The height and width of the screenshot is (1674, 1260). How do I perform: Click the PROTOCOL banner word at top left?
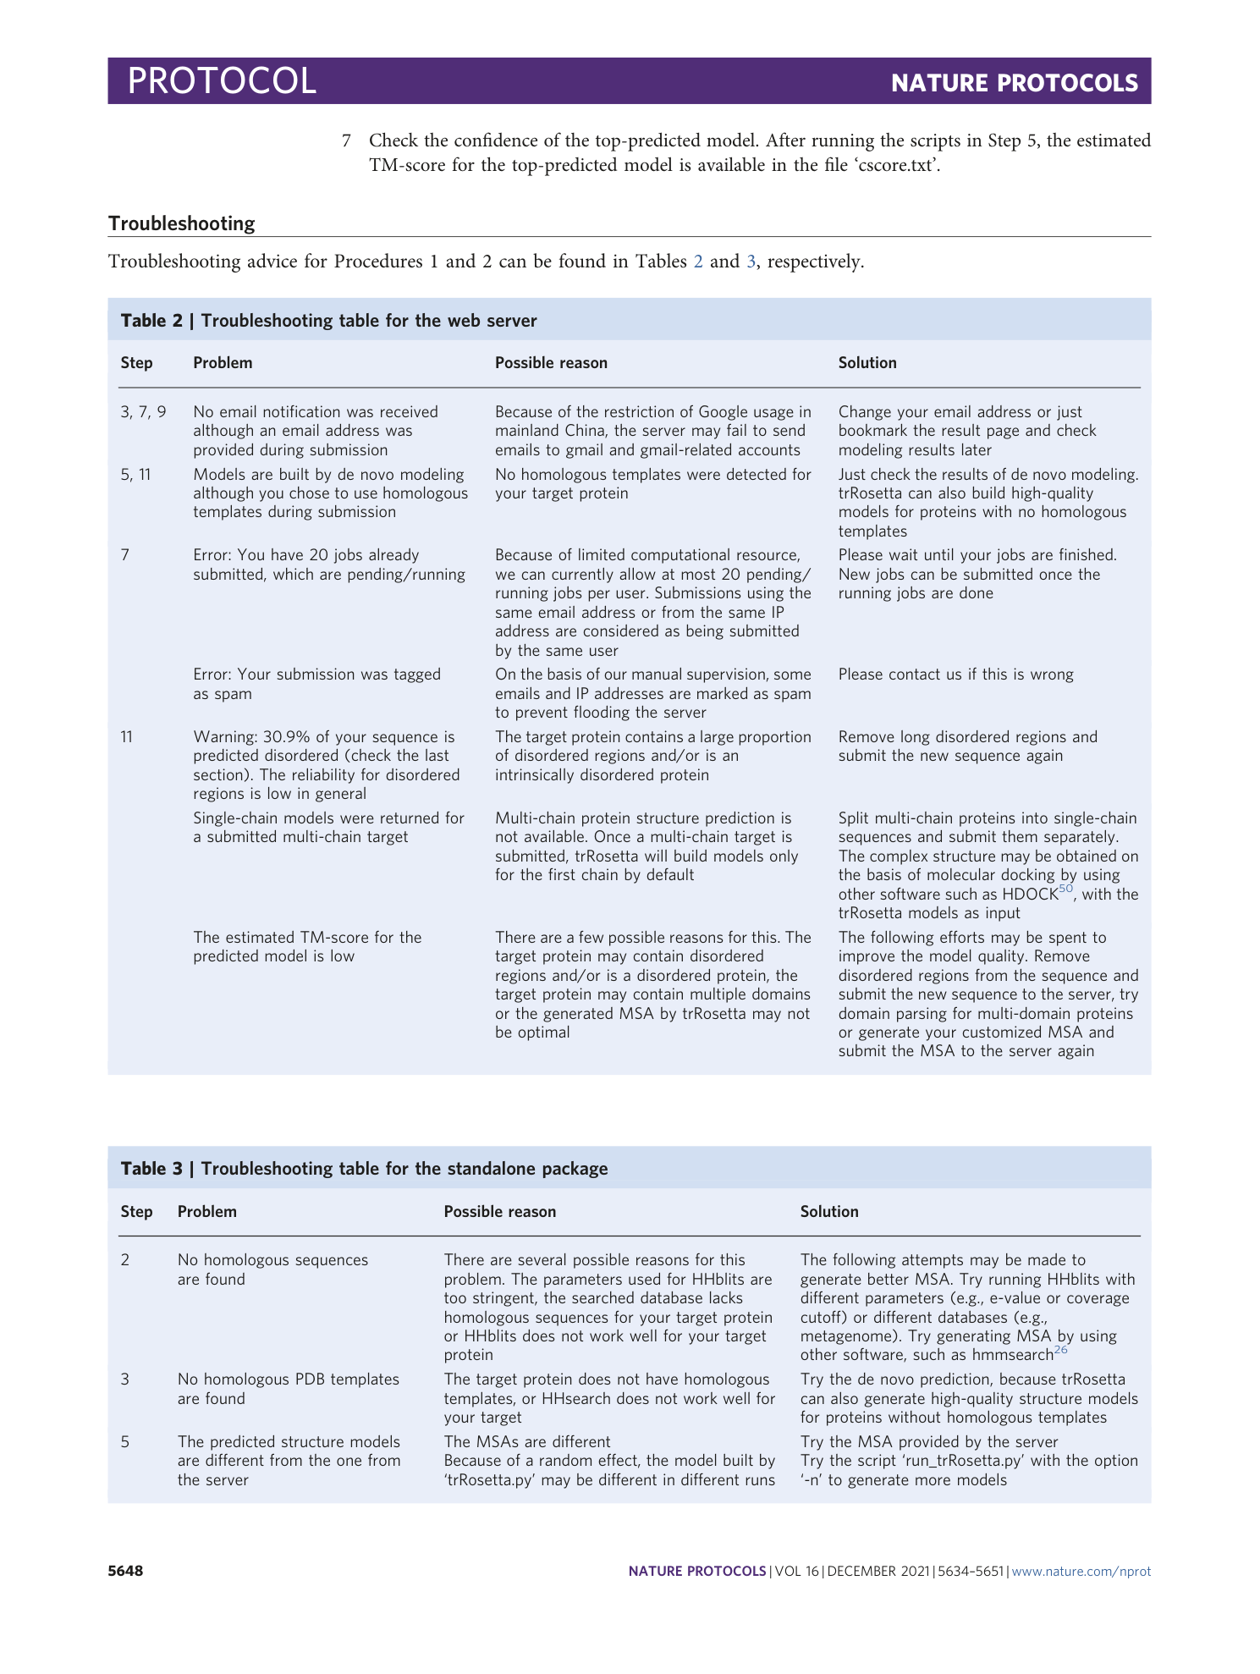pyautogui.click(x=222, y=81)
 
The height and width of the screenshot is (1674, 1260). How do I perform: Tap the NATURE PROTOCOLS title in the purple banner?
pyautogui.click(x=1014, y=83)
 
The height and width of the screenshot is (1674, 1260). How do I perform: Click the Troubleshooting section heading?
pyautogui.click(x=181, y=223)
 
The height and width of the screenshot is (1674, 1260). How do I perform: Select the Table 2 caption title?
pyautogui.click(x=328, y=321)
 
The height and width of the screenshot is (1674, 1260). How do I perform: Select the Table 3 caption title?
pyautogui.click(x=364, y=1169)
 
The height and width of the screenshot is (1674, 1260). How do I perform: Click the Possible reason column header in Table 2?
pyautogui.click(x=551, y=363)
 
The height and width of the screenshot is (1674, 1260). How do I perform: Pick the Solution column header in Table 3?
pyautogui.click(x=828, y=1212)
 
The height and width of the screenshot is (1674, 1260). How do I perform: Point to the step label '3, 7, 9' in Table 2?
pyautogui.click(x=143, y=412)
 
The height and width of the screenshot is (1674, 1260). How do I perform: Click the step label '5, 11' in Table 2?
pyautogui.click(x=135, y=475)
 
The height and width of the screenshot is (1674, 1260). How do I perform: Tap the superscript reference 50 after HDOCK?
pyautogui.click(x=1066, y=889)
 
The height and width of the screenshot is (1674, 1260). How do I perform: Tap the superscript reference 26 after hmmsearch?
pyautogui.click(x=1060, y=1350)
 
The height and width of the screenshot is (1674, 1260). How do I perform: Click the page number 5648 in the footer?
pyautogui.click(x=125, y=1572)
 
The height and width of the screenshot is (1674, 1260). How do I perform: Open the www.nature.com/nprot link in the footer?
pyautogui.click(x=1081, y=1572)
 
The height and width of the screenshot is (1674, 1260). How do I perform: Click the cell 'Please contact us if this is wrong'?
pyautogui.click(x=955, y=675)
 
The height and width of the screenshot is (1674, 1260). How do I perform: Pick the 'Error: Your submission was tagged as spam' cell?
pyautogui.click(x=316, y=684)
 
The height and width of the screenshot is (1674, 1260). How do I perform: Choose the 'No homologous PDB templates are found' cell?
pyautogui.click(x=288, y=1389)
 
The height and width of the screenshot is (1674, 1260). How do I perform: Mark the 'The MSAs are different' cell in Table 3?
pyautogui.click(x=526, y=1442)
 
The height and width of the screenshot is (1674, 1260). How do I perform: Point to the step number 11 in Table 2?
pyautogui.click(x=127, y=737)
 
